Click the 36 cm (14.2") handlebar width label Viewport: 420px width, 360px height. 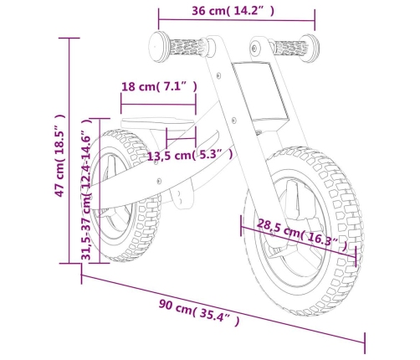(233, 11)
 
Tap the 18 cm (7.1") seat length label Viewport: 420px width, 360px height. (159, 86)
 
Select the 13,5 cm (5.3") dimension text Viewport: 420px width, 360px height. (190, 155)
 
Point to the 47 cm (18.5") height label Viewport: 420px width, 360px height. (60, 155)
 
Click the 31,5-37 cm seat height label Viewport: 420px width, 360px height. (86, 189)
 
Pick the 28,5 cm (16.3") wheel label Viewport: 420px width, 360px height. (302, 235)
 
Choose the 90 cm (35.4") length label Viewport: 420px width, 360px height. (199, 312)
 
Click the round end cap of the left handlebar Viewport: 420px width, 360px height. (158, 46)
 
